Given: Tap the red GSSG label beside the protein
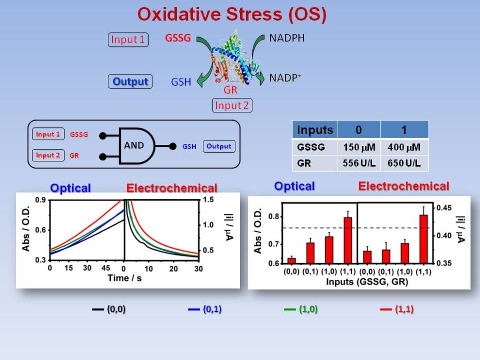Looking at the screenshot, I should coord(178,39).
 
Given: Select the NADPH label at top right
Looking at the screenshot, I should coord(287,39).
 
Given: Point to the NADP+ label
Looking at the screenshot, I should coord(285,79).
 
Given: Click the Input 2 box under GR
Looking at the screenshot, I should coord(232,105).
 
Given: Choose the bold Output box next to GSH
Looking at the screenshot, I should coord(130,81).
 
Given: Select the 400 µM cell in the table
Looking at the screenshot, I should coord(404,147).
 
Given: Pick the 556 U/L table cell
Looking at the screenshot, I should coord(359,163).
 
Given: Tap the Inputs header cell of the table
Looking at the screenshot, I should coord(315,129).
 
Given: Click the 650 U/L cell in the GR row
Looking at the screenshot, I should coord(404,163).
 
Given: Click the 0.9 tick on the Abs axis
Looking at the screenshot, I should coord(40,200).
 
